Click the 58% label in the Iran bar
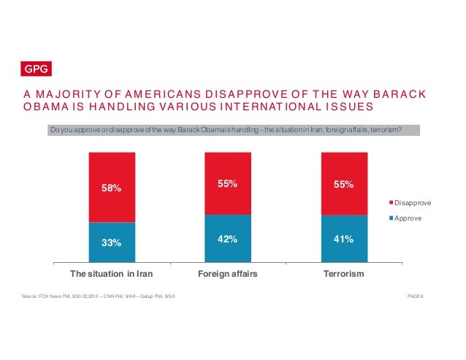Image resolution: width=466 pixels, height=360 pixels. [111, 188]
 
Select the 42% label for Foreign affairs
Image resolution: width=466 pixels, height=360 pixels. [228, 237]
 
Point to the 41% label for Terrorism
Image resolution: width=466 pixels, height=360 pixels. [344, 237]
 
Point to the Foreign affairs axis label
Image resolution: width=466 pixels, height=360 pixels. [228, 275]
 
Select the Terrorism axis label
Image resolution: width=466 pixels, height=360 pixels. [344, 275]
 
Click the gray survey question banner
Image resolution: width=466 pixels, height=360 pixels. [234, 130]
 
